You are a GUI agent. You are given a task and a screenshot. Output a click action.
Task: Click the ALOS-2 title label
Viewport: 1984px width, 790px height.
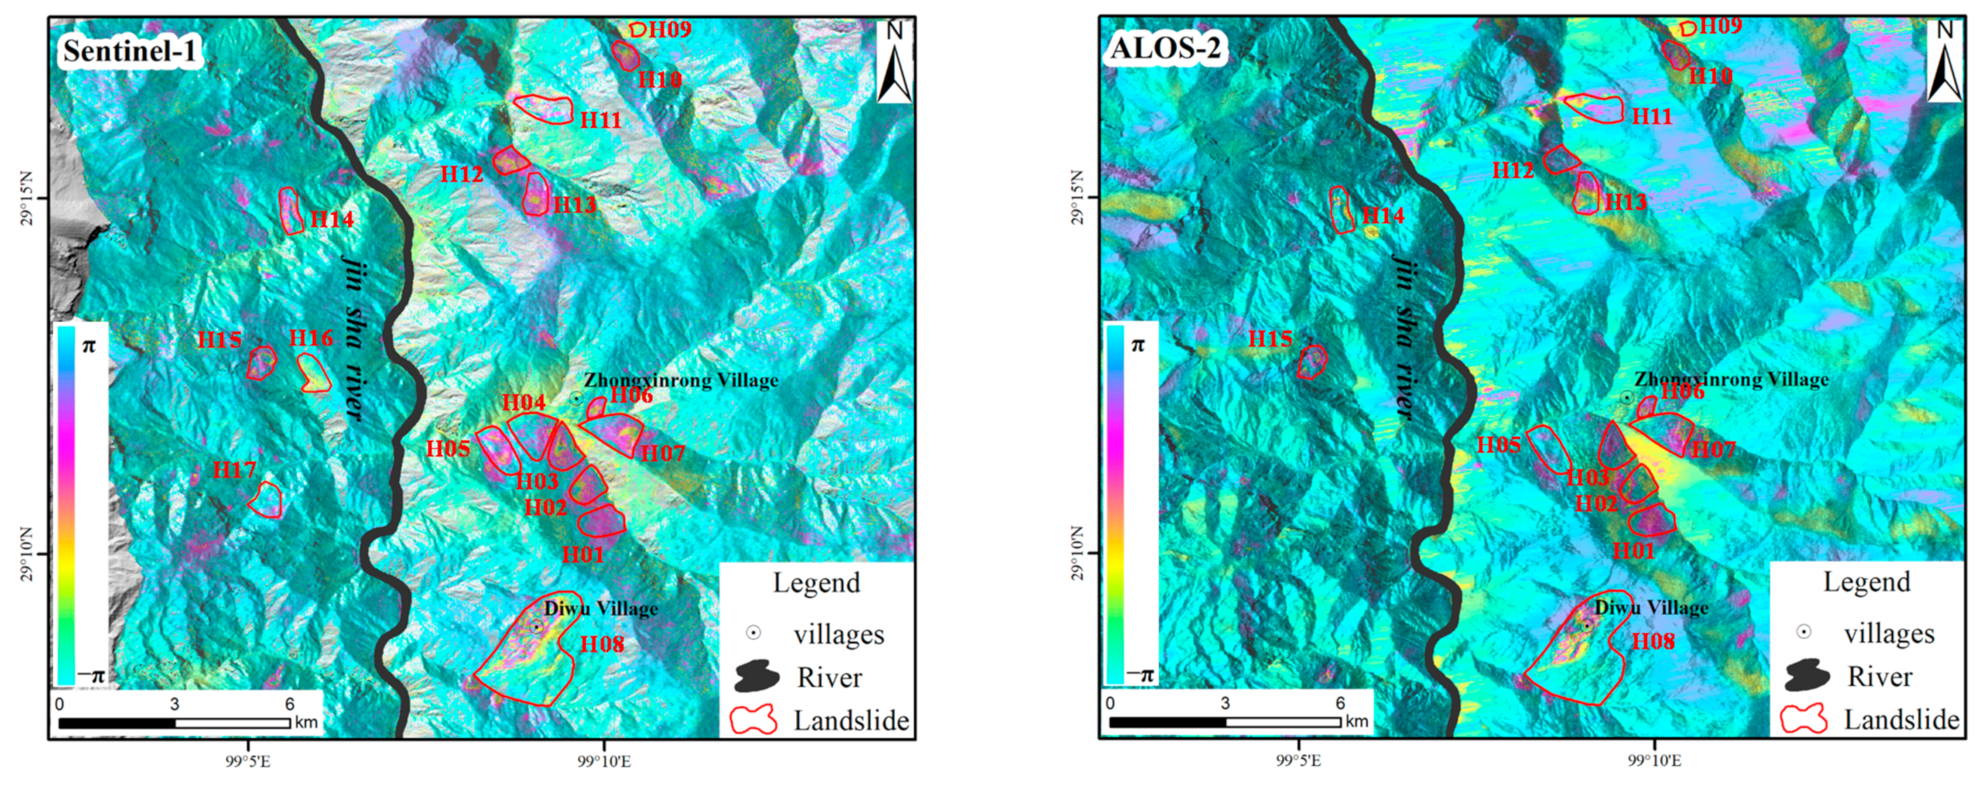(1164, 48)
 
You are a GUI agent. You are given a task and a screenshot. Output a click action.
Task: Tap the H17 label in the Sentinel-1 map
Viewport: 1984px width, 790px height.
(234, 470)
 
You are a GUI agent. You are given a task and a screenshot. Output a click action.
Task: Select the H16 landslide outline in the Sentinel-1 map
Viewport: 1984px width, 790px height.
(314, 372)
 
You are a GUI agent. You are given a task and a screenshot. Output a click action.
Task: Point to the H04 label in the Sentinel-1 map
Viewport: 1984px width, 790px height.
(524, 402)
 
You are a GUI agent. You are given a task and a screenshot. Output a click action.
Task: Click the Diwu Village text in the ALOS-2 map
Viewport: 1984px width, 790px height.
(1651, 608)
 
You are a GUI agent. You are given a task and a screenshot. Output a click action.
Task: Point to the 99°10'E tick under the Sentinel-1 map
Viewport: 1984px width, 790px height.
(604, 761)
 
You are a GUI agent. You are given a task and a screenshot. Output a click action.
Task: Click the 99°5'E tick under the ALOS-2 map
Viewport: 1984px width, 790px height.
(1300, 761)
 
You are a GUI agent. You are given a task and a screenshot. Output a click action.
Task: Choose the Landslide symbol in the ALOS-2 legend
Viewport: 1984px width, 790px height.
(1803, 718)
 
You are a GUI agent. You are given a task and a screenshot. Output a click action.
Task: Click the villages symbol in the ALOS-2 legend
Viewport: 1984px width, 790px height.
(1803, 632)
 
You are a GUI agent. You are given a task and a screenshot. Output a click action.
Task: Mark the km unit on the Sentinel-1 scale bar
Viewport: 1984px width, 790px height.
(306, 722)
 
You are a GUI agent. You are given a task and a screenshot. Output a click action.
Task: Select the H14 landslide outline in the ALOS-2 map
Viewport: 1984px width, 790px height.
(1341, 209)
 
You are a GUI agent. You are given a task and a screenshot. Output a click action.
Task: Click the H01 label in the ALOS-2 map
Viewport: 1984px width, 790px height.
(1633, 551)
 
